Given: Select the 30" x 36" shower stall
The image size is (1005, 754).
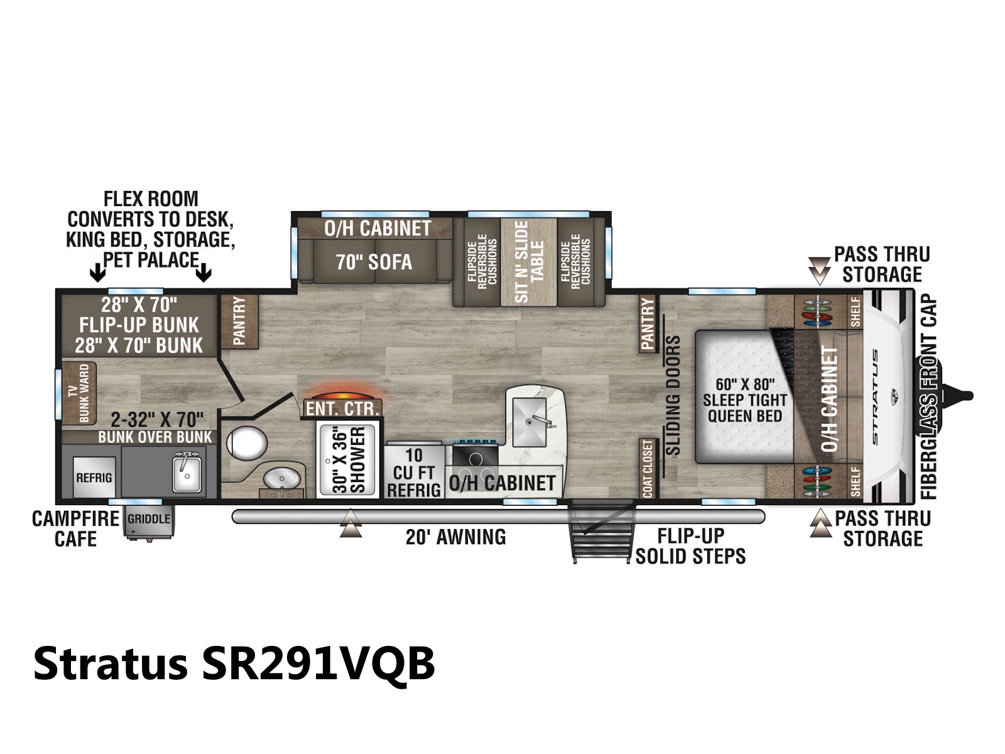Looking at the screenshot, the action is [x=348, y=460].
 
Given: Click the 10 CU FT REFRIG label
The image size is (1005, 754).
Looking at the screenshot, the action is [x=413, y=473].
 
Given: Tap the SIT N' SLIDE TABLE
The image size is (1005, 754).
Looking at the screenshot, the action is [x=529, y=262].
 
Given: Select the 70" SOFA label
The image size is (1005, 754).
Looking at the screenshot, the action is [x=374, y=262].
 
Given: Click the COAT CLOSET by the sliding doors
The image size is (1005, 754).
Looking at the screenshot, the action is [x=648, y=468].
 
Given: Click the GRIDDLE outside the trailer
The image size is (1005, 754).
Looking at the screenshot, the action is [x=149, y=520].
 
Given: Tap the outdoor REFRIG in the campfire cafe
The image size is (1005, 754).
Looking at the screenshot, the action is [x=94, y=478].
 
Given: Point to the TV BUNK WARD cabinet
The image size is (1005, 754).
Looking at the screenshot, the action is [x=79, y=393].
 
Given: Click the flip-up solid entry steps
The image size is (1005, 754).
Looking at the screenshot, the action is [x=602, y=532].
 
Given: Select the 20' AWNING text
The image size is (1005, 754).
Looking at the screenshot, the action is [x=455, y=537].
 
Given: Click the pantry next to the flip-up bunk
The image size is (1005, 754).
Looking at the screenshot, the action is [x=239, y=321].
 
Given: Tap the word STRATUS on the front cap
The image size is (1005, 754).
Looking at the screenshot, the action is [x=875, y=396].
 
